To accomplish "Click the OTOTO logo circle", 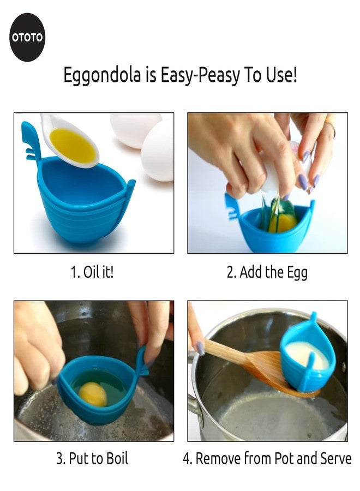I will [x=27, y=37].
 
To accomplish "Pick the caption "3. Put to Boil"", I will [x=92, y=458].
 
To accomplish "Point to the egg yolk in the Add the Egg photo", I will [x=284, y=223].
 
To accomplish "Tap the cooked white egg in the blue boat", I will [x=308, y=355].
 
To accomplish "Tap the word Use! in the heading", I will [x=281, y=75].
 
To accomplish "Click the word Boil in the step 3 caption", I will [x=116, y=458].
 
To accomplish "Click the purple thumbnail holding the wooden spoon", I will [x=200, y=348].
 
